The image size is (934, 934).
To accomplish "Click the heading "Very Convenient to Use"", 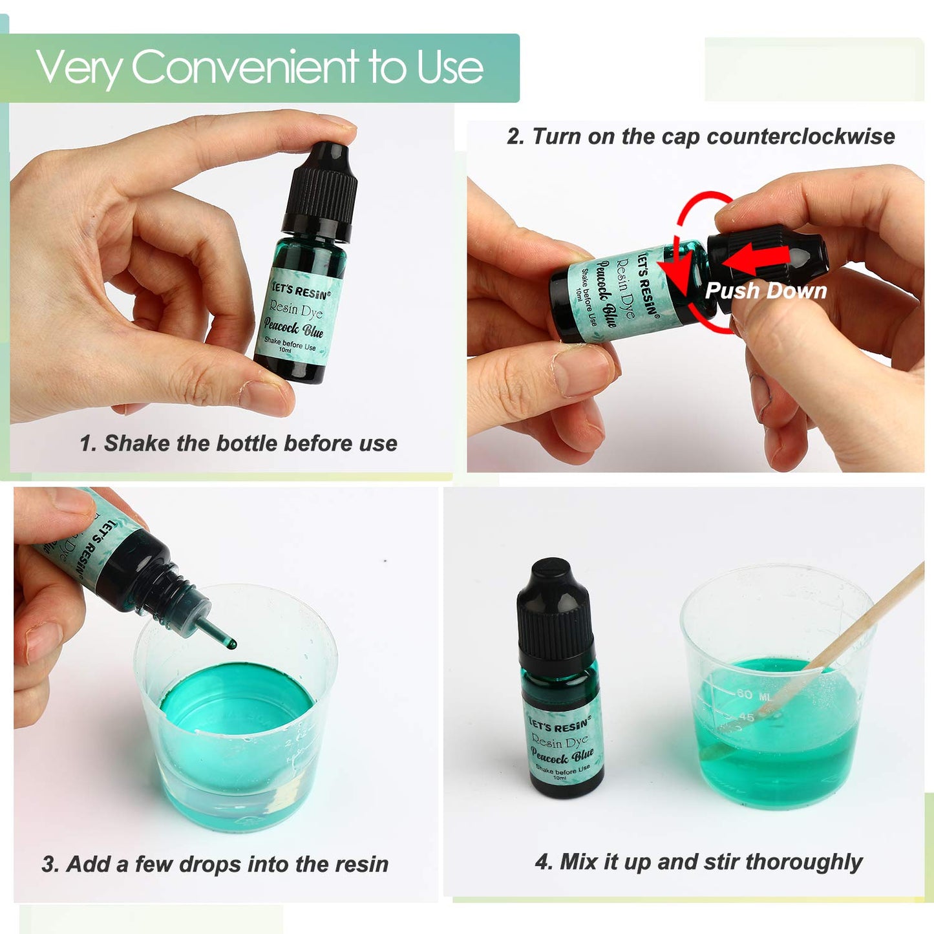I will [259, 67].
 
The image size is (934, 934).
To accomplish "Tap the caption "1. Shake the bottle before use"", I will [238, 443].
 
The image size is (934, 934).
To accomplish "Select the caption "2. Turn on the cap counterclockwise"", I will [701, 136].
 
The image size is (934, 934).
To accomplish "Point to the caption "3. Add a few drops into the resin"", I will [215, 864].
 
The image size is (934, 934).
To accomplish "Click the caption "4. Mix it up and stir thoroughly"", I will [698, 862].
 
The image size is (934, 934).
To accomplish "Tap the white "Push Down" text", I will [766, 291].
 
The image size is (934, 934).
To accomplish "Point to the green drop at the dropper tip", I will [232, 644].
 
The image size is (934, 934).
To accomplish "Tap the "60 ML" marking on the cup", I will [754, 695].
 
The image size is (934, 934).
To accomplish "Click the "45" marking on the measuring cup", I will [746, 717].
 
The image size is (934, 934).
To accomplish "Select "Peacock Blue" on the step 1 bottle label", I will [293, 329].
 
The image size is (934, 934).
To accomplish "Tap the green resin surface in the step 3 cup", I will [236, 701].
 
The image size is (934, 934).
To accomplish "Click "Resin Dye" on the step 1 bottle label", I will [295, 310].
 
